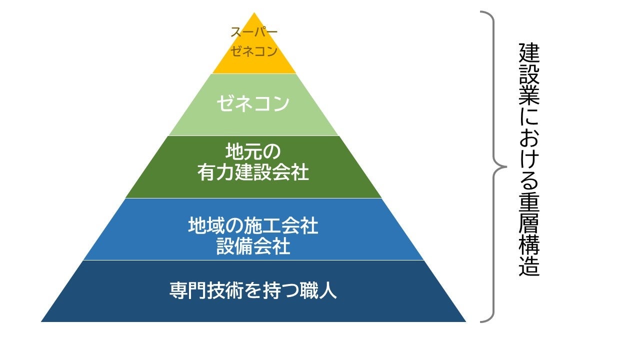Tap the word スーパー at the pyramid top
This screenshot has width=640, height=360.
pos(254,33)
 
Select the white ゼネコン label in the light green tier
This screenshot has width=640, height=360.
pos(253,103)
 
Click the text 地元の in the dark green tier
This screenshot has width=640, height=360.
pos(253,150)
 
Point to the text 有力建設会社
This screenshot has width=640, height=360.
pos(253,173)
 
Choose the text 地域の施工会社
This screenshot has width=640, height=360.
pos(253,226)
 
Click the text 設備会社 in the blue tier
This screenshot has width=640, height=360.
pos(253,246)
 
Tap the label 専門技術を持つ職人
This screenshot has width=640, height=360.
pos(253,291)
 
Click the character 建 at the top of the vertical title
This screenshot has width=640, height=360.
pos(529,53)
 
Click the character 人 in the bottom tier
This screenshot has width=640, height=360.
pos(328,291)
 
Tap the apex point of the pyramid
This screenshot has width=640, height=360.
pos(254,13)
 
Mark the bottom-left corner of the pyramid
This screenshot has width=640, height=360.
pos(42,321)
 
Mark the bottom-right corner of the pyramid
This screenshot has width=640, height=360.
pos(465,321)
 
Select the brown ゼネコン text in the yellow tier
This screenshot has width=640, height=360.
pos(254,51)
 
